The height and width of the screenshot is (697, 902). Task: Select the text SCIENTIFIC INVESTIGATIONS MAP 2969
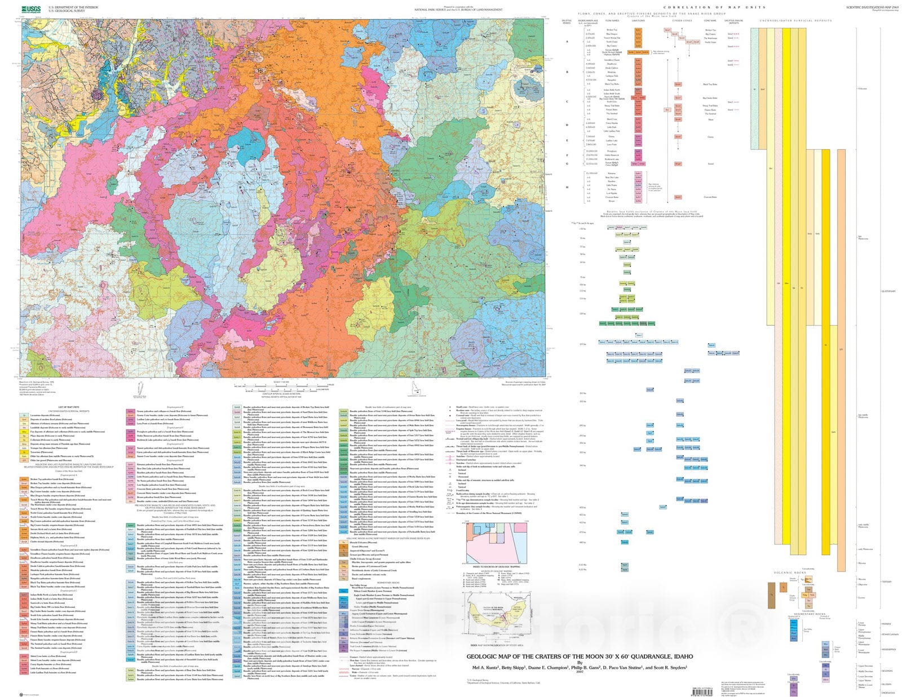click(x=872, y=7)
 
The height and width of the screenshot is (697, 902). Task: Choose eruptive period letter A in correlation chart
click(x=567, y=42)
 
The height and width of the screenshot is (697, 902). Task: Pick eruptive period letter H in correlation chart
click(x=567, y=187)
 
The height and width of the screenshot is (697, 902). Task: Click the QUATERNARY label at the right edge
click(x=888, y=291)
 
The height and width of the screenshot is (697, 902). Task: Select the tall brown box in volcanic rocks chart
click(x=771, y=596)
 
